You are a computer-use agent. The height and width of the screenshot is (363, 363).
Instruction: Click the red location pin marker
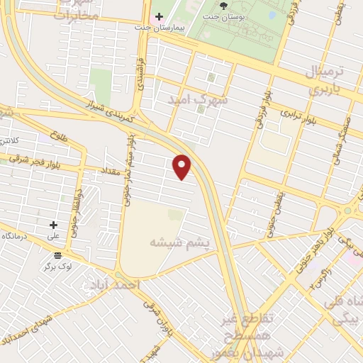coord(183,167)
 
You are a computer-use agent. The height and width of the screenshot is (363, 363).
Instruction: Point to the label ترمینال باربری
coord(328,80)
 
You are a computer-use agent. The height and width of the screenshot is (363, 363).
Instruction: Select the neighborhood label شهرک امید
coord(198,101)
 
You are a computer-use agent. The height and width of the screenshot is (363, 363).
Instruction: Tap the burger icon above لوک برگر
coord(57,255)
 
